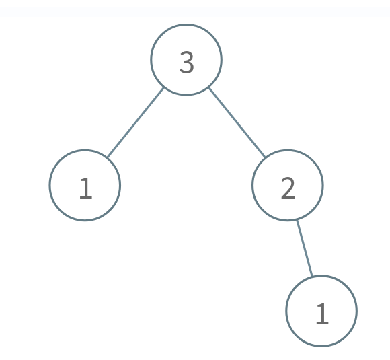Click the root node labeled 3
coord(186,59)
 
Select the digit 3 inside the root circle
coord(186,62)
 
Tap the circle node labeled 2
coord(288,185)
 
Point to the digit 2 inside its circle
coord(288,188)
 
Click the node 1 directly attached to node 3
coord(85,185)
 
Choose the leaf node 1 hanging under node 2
coord(321,311)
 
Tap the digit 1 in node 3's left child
coord(86,188)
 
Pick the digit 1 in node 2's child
coord(322,314)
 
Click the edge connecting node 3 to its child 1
coord(135,122)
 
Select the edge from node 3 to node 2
coord(237,122)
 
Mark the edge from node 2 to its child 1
coord(305,248)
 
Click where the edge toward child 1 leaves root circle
coord(163,88)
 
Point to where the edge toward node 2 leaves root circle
coord(209,88)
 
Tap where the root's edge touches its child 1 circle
coord(107,157)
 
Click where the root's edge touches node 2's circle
coord(265,157)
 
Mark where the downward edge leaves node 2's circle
coord(297,221)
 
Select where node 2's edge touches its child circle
coord(312,276)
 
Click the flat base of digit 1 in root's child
coord(86,198)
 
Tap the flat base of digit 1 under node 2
coord(322,323)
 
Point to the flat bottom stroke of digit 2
coord(288,197)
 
